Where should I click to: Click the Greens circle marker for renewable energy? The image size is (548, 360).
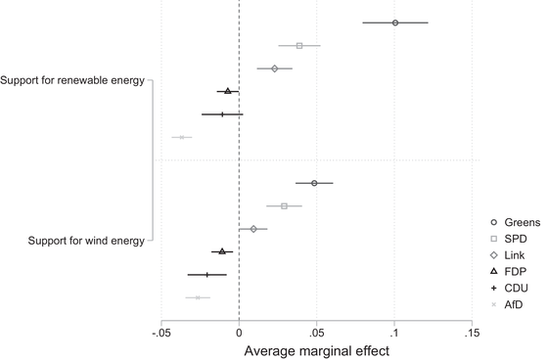(x=394, y=22)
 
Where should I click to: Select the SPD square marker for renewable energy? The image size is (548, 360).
(x=299, y=45)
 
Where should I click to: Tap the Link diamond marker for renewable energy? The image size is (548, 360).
(x=275, y=68)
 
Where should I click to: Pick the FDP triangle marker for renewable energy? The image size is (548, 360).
(x=228, y=91)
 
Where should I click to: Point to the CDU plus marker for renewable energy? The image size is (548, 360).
(x=222, y=114)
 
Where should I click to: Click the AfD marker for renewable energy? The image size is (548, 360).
(x=182, y=137)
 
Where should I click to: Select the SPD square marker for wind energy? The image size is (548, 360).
(x=285, y=205)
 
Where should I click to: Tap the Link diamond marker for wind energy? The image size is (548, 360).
(x=253, y=229)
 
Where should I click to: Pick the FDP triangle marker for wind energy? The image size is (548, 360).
(x=222, y=251)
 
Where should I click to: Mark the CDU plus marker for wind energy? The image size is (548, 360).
(x=206, y=274)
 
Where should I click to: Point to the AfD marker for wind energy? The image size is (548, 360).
(x=198, y=297)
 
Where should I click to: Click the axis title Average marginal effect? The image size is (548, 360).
(x=316, y=350)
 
